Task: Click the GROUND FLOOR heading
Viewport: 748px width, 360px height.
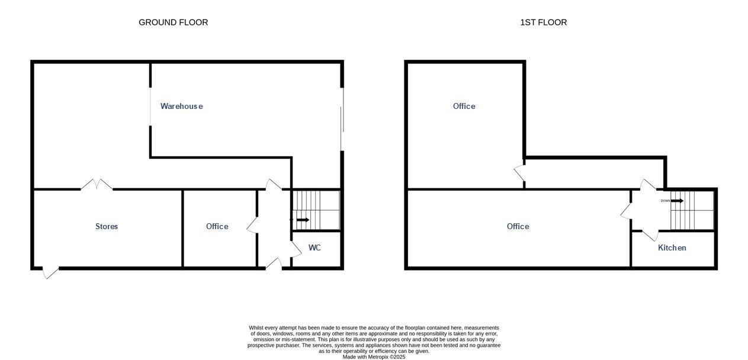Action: [x=174, y=22]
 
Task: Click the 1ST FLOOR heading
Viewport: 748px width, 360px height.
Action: [x=543, y=22]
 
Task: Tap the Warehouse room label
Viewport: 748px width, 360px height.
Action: [x=181, y=106]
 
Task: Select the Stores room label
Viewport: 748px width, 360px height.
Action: [x=107, y=226]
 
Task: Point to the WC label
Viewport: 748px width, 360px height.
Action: [x=314, y=247]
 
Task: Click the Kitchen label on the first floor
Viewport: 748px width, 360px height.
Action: [x=672, y=247]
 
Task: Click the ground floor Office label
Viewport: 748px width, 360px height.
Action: [x=217, y=226]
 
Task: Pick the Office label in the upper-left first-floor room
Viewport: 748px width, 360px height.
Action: [x=464, y=106]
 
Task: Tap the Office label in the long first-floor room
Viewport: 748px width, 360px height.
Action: [x=518, y=226]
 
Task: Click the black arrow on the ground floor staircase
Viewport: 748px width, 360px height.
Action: [x=303, y=220]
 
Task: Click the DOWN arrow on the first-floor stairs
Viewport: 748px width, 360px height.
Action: [x=677, y=201]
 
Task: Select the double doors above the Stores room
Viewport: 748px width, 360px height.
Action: [x=97, y=184]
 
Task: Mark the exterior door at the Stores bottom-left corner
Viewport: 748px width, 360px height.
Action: [x=51, y=273]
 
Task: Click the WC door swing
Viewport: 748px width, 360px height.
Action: [x=296, y=249]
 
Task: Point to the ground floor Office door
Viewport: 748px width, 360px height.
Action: [x=252, y=226]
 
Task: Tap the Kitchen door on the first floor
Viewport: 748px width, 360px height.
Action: [x=650, y=235]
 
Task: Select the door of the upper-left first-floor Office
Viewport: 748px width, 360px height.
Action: [x=519, y=173]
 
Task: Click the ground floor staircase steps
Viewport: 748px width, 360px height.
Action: [x=316, y=210]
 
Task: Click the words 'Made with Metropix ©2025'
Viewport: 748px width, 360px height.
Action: [x=374, y=357]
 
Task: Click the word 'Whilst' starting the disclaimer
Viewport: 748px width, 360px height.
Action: [x=256, y=328]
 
